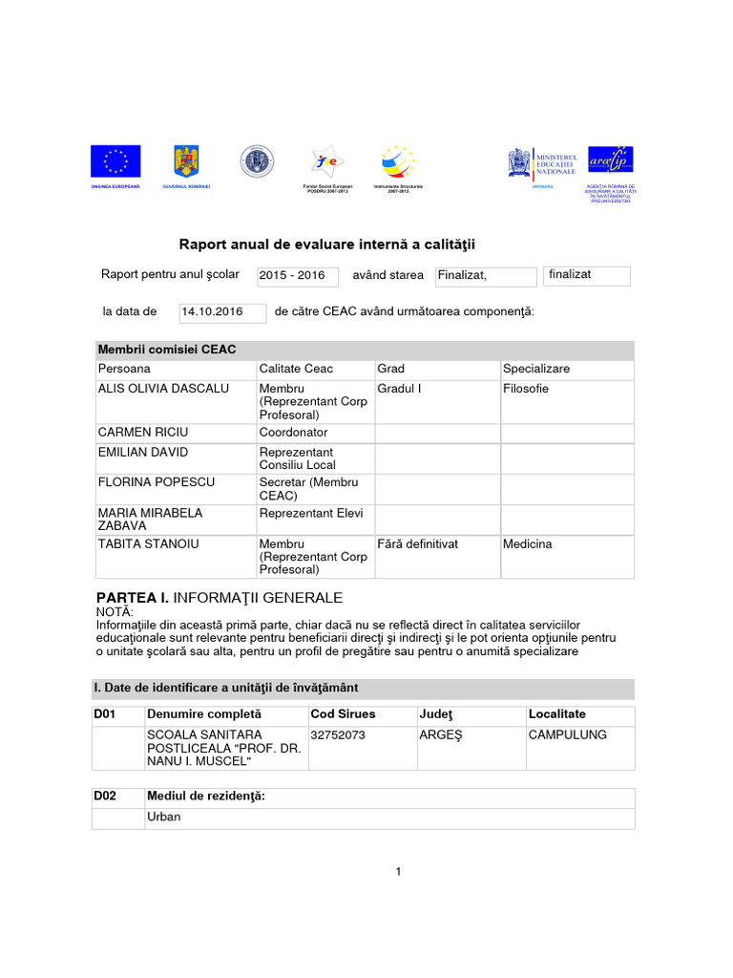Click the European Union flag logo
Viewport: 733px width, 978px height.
(x=115, y=161)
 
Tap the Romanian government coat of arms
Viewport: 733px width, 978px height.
(x=185, y=161)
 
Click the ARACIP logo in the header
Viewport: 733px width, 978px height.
(x=610, y=161)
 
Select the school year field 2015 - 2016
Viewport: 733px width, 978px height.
(x=297, y=276)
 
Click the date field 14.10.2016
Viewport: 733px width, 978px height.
(x=221, y=312)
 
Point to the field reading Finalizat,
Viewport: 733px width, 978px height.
(x=485, y=276)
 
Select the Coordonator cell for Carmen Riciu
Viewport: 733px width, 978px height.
(x=293, y=433)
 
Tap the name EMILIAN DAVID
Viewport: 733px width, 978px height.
(x=143, y=452)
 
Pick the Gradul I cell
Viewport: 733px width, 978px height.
(x=399, y=389)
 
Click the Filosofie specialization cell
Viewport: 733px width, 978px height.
(x=526, y=389)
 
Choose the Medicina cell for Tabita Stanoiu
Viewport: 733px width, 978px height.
(x=528, y=543)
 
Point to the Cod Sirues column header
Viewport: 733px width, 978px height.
(x=344, y=714)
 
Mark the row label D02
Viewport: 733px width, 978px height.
(x=105, y=797)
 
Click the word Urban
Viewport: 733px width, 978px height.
(x=163, y=818)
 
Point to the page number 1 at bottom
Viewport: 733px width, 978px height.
(x=398, y=871)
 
